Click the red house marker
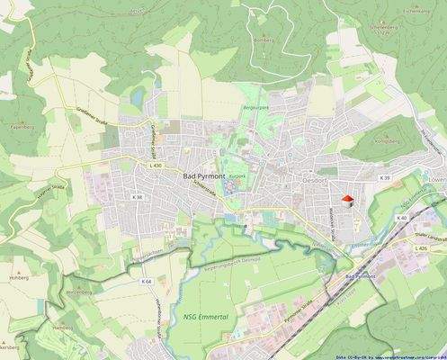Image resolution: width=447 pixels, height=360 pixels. coord(347,199)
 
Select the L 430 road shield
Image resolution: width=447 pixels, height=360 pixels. coord(156,166)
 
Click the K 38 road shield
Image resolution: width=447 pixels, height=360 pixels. coord(137,196)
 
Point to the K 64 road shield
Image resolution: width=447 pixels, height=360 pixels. coord(147,282)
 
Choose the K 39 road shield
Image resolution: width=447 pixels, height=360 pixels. coord(385,178)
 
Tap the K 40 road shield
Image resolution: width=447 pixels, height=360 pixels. coord(402,218)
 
